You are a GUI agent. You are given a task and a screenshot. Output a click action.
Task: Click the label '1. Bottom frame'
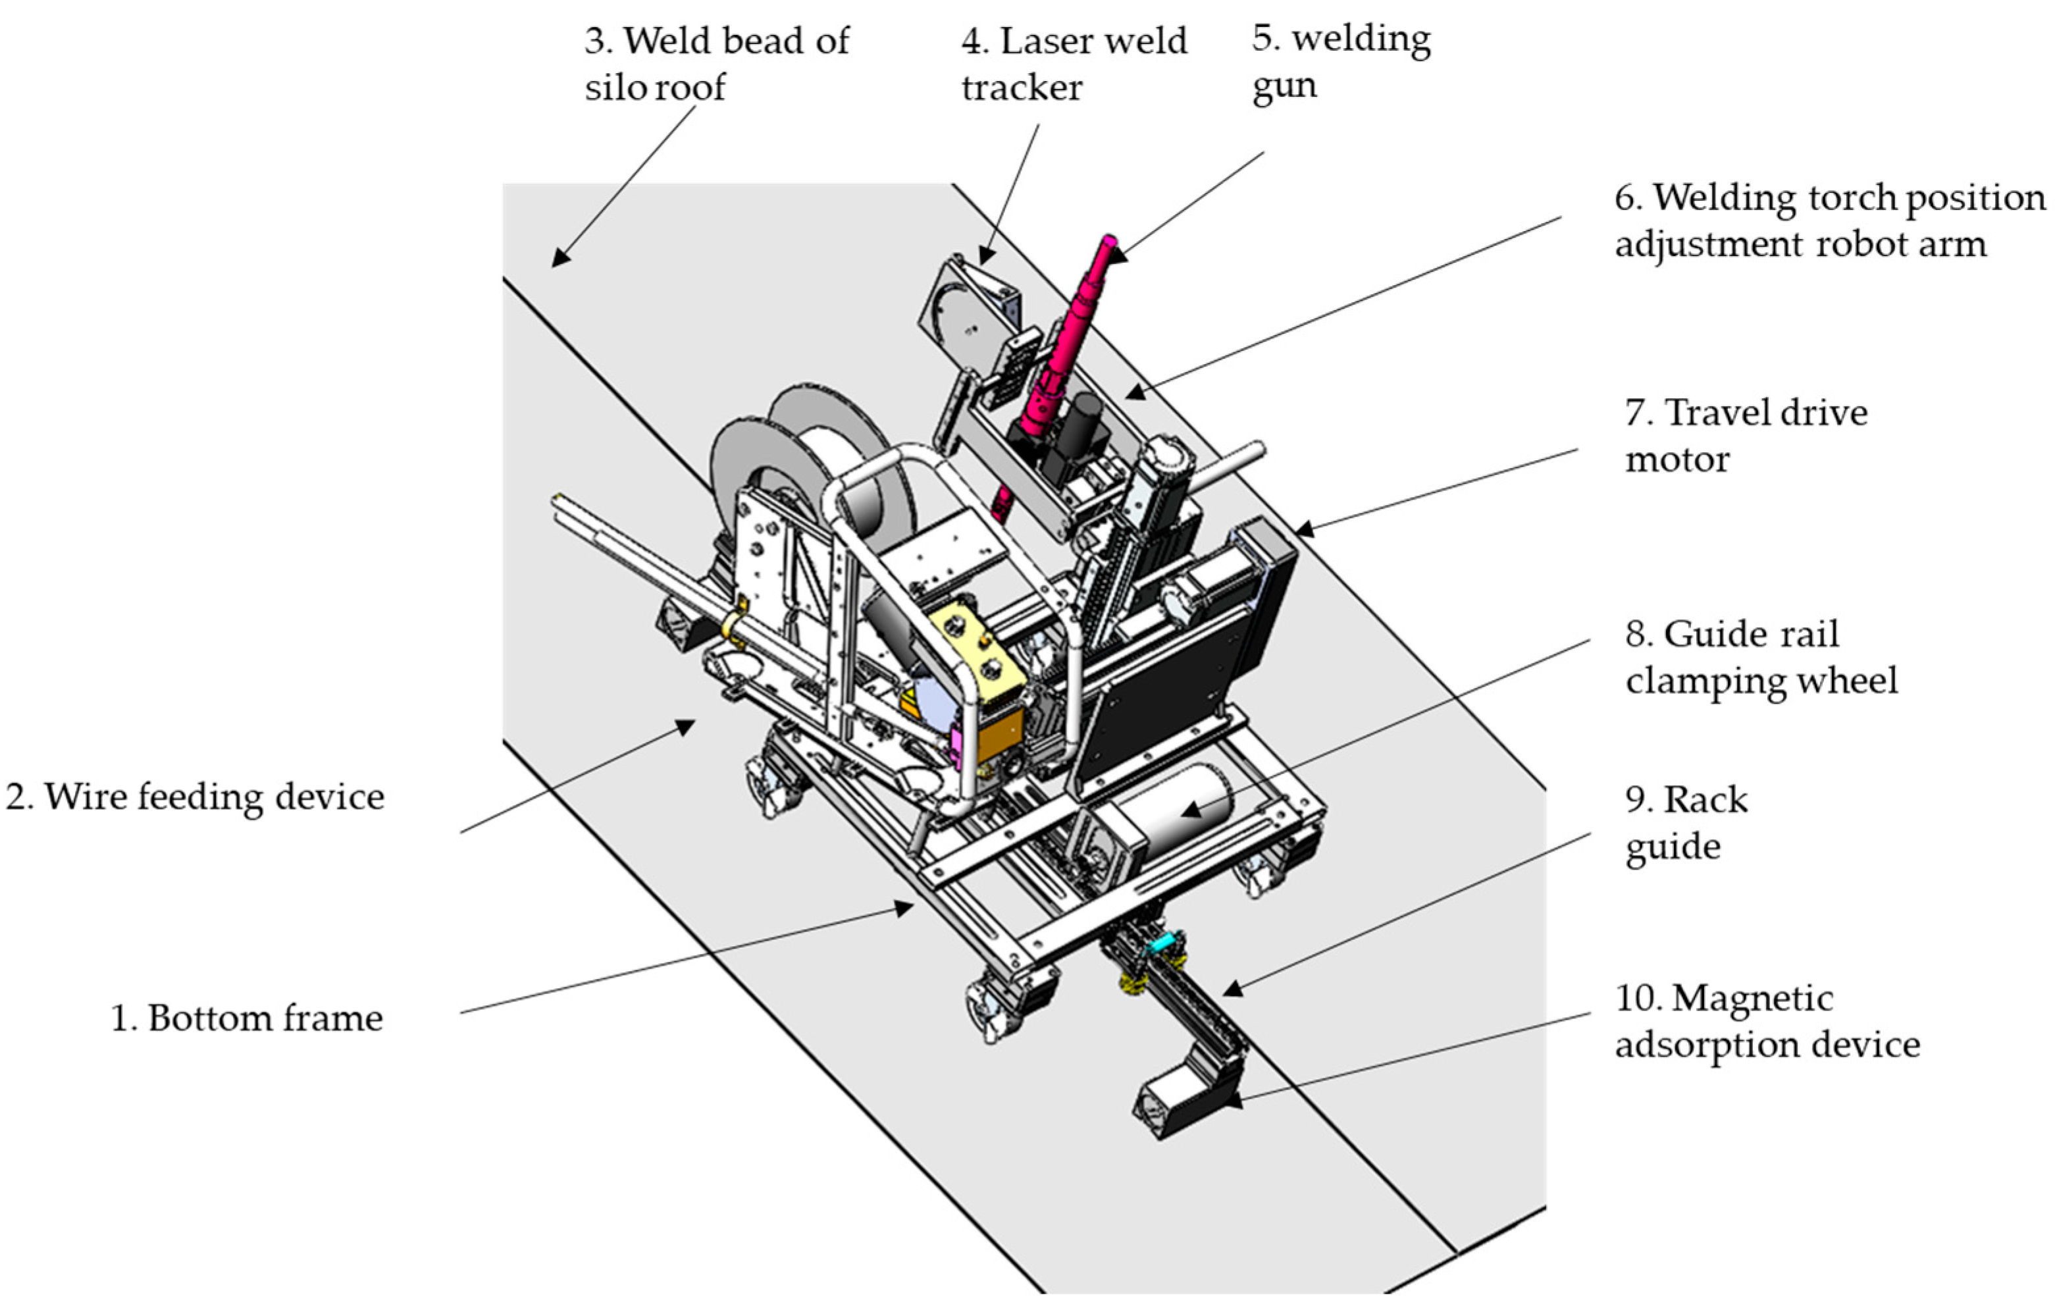tap(247, 1018)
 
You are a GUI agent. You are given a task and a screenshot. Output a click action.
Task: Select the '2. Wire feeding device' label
tap(195, 797)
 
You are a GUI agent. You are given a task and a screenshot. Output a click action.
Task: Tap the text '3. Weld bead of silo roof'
tap(716, 63)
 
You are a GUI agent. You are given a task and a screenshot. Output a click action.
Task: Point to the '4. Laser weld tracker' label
tap(1073, 63)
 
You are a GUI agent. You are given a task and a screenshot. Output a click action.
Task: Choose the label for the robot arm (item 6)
tap(1829, 221)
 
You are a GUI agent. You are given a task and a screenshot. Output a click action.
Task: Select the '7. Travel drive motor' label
tap(1745, 436)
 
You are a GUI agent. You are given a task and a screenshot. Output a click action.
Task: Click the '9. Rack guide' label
tap(1685, 823)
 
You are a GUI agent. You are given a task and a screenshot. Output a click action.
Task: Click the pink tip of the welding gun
tap(1109, 243)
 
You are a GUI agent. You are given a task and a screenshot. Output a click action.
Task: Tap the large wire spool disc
tap(752, 479)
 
